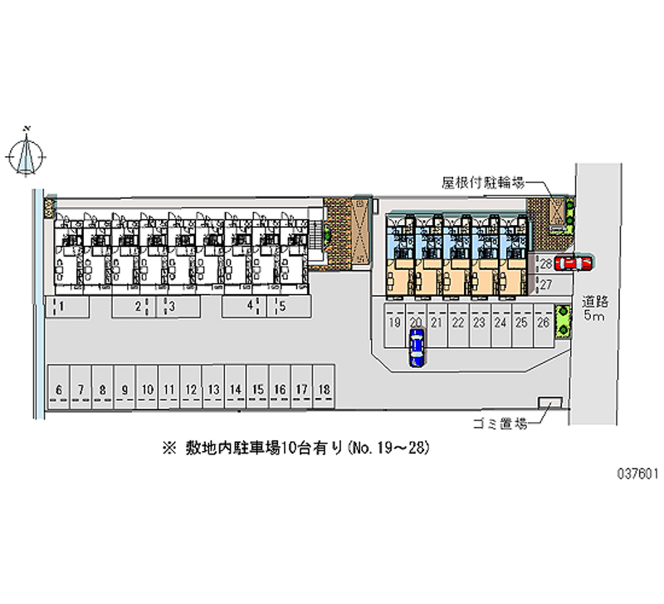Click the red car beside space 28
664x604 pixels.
(573, 263)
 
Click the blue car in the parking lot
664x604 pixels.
(417, 347)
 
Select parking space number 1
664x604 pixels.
(67, 307)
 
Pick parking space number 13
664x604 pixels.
(213, 387)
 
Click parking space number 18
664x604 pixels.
(324, 387)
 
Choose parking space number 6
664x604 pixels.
(59, 387)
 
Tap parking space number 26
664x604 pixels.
(544, 325)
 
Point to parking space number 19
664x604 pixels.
(395, 325)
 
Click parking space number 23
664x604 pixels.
(480, 325)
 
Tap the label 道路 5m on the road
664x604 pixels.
(595, 308)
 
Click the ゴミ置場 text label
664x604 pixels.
(500, 424)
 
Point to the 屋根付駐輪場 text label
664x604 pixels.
(484, 183)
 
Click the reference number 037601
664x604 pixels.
(637, 474)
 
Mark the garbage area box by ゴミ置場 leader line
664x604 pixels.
(550, 403)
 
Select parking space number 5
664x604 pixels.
(289, 307)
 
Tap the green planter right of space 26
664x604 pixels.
(564, 322)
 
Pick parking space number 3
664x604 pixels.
(178, 307)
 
